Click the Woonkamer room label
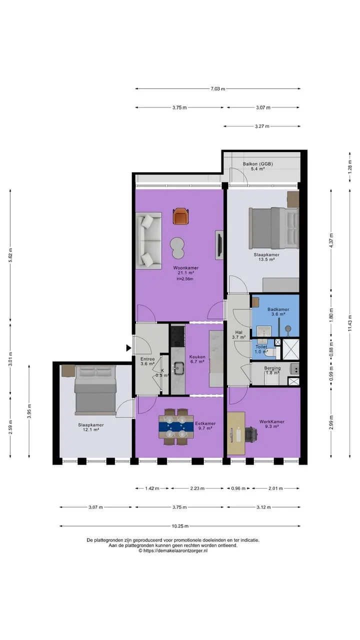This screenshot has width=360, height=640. (185, 268)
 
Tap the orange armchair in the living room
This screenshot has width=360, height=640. (180, 216)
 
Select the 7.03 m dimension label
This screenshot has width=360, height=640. (217, 89)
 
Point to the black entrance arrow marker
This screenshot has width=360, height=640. (129, 347)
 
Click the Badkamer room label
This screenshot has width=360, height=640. (278, 309)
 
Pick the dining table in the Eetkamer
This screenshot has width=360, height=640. (176, 426)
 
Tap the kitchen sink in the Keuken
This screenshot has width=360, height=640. (179, 368)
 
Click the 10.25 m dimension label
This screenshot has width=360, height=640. (179, 526)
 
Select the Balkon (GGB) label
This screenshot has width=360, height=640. (257, 164)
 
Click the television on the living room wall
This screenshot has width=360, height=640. (219, 245)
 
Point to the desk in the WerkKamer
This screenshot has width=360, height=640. (236, 433)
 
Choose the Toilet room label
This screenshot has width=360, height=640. (261, 346)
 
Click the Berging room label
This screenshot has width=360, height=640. (272, 368)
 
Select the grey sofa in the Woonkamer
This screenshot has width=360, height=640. (148, 240)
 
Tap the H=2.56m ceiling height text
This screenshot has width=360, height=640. (185, 279)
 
